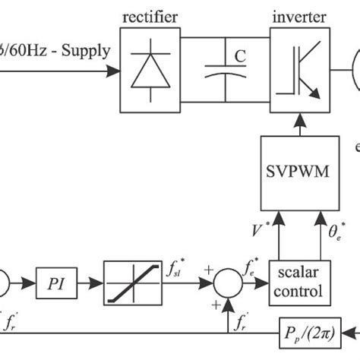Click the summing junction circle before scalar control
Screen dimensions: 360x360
(x=227, y=283)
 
